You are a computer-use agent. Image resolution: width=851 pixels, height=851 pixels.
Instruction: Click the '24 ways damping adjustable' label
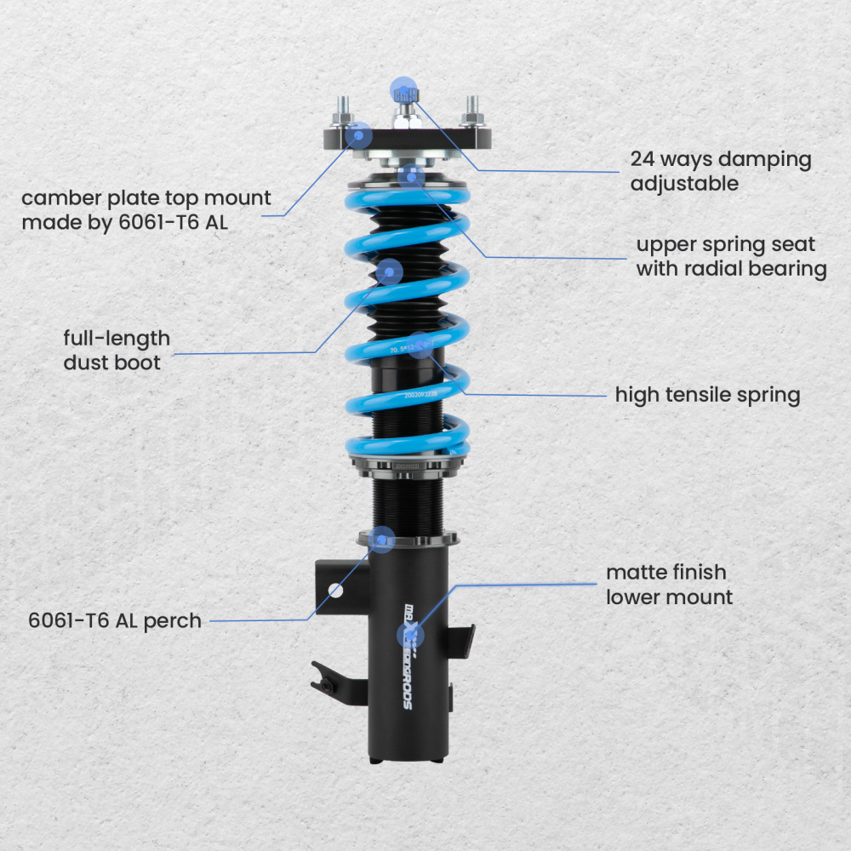click(721, 170)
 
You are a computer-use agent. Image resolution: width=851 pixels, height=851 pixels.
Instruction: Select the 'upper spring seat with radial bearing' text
click(731, 256)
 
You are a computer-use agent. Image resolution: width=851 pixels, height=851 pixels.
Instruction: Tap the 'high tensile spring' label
click(707, 395)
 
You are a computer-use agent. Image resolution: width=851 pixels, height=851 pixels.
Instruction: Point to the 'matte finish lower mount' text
click(669, 584)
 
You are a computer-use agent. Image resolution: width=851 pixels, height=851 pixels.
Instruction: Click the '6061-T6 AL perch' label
click(115, 620)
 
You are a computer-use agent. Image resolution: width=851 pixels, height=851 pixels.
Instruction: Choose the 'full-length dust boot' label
click(117, 350)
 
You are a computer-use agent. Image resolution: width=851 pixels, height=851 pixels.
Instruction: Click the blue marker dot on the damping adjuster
click(403, 89)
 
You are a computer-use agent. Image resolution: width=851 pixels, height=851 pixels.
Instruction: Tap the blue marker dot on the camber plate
click(361, 134)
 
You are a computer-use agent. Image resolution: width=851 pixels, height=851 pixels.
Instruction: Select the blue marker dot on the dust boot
click(390, 272)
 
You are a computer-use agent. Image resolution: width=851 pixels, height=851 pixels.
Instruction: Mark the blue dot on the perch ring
click(383, 539)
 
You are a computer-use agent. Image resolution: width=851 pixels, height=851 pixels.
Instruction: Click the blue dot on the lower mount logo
click(410, 636)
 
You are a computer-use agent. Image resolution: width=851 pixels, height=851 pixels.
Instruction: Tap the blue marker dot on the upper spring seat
click(412, 177)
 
